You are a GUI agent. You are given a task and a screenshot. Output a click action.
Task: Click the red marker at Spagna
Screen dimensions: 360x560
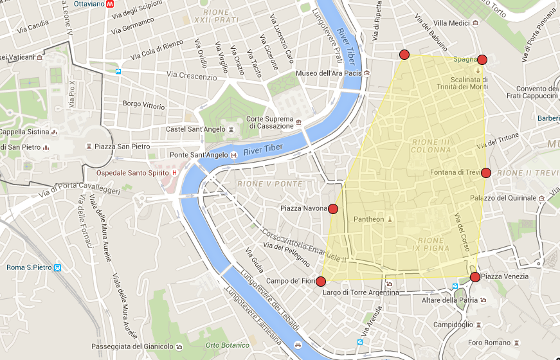point(482,60)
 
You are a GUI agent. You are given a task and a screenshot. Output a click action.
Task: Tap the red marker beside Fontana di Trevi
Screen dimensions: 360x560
point(486,173)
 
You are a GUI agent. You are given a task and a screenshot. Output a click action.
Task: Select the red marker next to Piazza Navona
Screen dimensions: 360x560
point(333,208)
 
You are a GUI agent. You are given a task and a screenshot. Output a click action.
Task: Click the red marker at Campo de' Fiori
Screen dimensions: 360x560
point(321,281)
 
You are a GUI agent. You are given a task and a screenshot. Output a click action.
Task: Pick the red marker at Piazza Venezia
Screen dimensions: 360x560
point(474,277)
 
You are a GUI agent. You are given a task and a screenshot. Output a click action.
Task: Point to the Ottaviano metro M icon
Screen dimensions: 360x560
point(111,3)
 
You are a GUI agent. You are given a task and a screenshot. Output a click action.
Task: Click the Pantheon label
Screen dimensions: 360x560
point(369,219)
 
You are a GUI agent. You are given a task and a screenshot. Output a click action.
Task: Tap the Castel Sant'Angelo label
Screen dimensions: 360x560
point(194,129)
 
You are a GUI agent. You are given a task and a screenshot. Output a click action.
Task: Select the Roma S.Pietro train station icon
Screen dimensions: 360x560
point(57,267)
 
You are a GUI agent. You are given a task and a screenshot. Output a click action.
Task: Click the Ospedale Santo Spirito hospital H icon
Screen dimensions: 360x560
point(174,173)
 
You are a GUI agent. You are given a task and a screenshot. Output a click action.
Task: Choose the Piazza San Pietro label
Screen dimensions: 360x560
point(122,147)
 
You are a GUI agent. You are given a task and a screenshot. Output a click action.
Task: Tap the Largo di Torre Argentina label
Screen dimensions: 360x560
point(360,292)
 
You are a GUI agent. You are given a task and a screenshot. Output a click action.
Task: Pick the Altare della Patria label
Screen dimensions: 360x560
point(447,300)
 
